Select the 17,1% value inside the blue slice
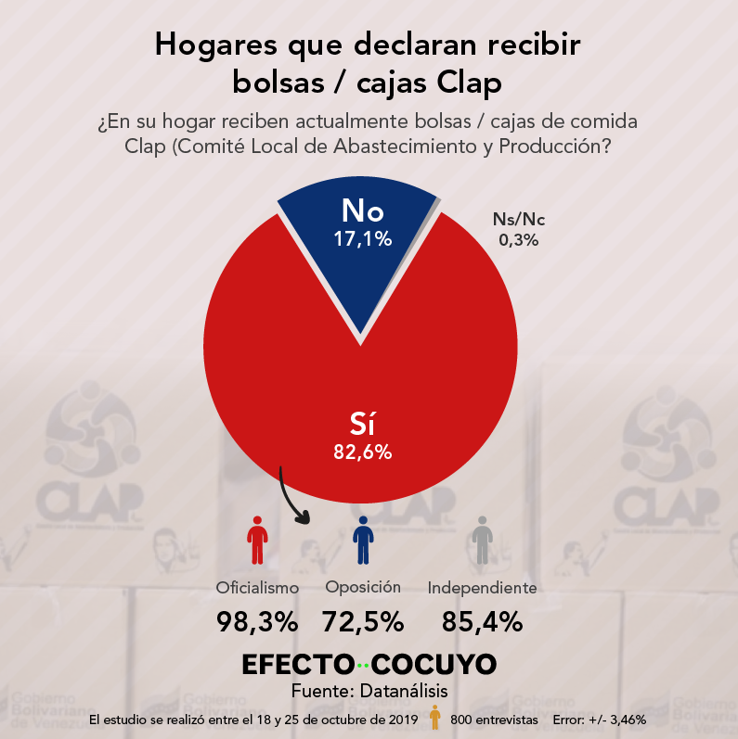362,239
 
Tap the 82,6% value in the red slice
362,452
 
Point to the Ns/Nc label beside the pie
519,219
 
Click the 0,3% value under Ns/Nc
519,240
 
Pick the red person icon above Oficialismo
257,541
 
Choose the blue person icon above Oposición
363,541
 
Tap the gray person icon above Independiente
482,541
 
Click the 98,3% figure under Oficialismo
257,621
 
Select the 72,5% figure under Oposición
363,621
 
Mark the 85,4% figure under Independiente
482,621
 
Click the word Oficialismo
257,588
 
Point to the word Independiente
482,588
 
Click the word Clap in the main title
469,83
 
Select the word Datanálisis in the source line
404,691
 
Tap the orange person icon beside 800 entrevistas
435,717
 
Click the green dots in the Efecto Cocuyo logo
363,666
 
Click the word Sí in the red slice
362,424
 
